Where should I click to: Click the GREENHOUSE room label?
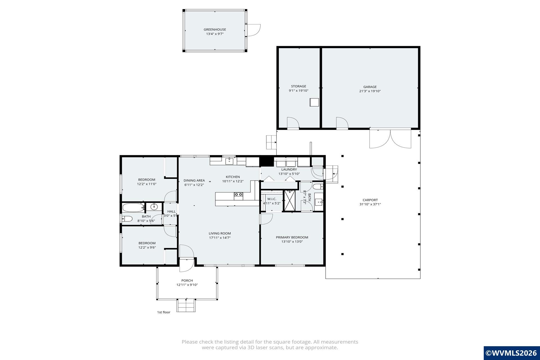215,30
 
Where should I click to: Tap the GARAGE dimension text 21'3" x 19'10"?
370,91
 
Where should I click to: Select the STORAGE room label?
299,86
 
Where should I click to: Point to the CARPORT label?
370,200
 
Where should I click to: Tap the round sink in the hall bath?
154,207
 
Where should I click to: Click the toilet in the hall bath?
127,219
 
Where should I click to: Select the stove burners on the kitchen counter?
238,194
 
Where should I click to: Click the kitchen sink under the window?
229,161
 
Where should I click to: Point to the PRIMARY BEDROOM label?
292,237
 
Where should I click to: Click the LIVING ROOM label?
220,233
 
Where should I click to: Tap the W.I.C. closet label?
272,199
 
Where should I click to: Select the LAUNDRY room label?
289,170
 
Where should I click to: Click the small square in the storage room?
314,102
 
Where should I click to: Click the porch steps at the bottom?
186,305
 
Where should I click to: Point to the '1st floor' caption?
164,312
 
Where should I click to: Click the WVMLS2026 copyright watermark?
512,353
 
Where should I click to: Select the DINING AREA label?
194,181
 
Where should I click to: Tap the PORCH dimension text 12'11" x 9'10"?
187,285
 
